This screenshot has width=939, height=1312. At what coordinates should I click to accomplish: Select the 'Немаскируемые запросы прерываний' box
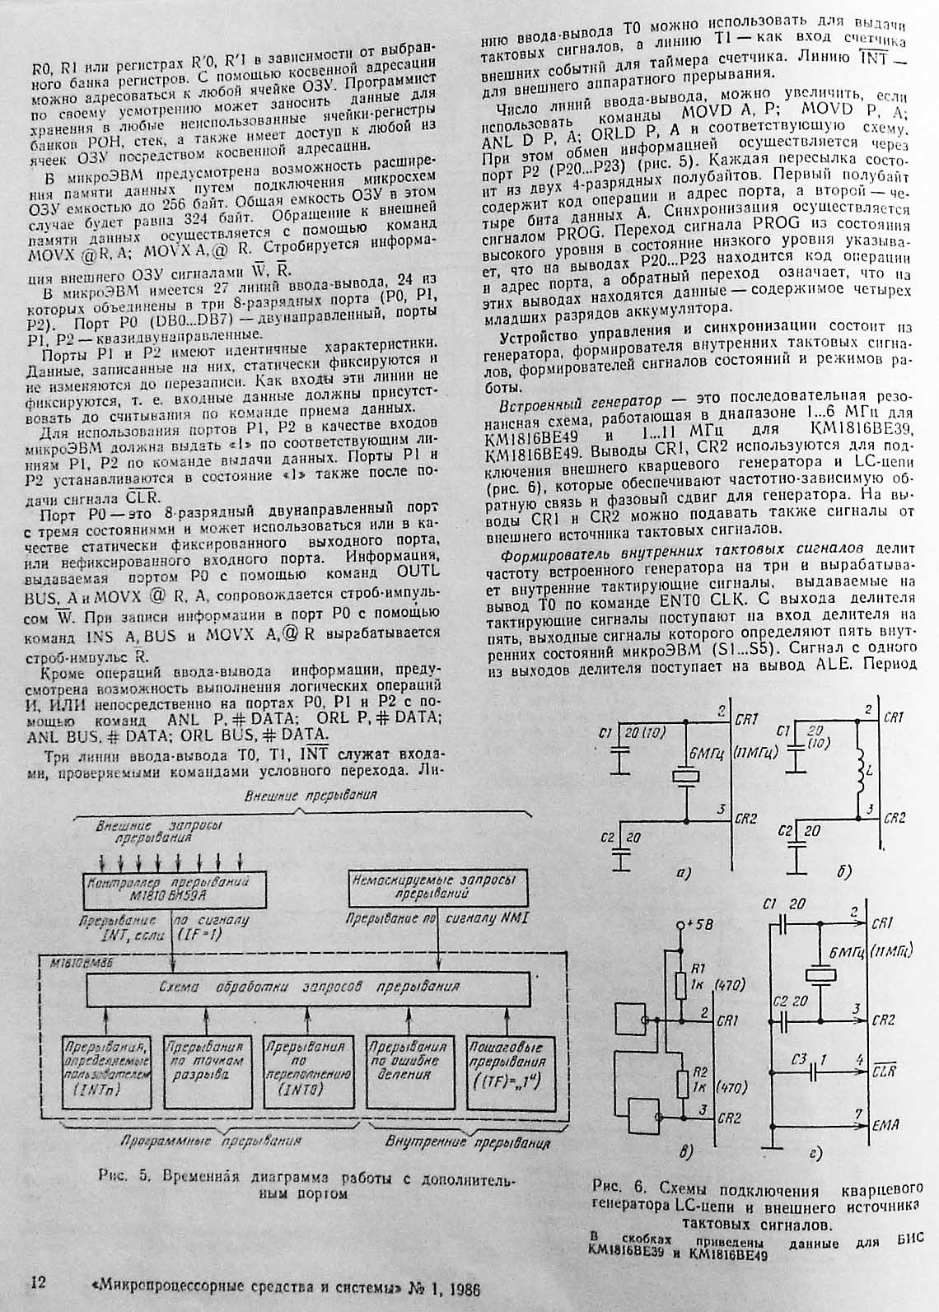(x=433, y=886)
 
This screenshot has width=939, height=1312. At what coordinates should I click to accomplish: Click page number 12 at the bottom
(x=38, y=1283)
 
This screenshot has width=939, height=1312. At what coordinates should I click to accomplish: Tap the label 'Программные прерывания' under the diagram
(x=210, y=1142)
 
